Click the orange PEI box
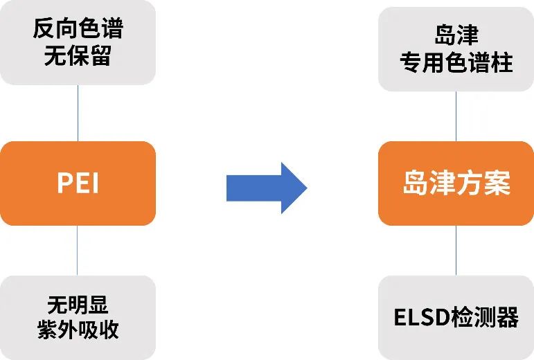click(x=78, y=183)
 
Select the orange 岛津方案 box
click(x=456, y=183)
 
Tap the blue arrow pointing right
click(x=267, y=188)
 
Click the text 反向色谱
click(x=78, y=28)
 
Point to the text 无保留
click(x=78, y=55)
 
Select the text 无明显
click(x=78, y=305)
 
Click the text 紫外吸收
click(x=78, y=330)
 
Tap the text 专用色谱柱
click(x=456, y=62)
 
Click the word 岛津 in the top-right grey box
click(x=456, y=35)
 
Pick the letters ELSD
click(x=422, y=317)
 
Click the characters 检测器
click(x=484, y=317)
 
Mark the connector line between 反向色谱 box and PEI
click(x=78, y=113)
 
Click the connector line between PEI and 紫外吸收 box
click(x=78, y=250)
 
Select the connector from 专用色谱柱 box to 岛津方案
click(x=456, y=116)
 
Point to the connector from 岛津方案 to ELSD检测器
click(x=456, y=250)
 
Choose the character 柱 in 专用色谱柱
click(x=501, y=62)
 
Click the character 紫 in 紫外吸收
click(x=47, y=330)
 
